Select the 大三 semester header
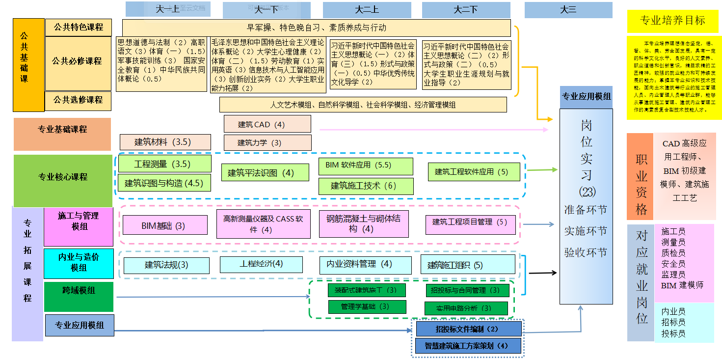point(568,10)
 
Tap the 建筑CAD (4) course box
point(267,124)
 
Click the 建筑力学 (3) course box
point(267,143)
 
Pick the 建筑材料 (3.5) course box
point(165,142)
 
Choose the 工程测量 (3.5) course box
point(164,164)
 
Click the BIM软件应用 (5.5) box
point(366,166)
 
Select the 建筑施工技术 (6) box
point(366,186)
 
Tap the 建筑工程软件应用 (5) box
point(473,172)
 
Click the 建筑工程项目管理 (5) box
point(470,222)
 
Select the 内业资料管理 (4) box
point(366,264)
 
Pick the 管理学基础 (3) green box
point(367,306)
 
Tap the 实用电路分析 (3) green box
point(466,308)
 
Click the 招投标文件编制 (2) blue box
point(468,329)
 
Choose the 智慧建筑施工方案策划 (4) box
point(468,345)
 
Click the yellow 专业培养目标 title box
point(673,21)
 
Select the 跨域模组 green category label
point(79,291)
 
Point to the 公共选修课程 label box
point(79,100)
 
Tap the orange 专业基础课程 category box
point(62,130)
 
